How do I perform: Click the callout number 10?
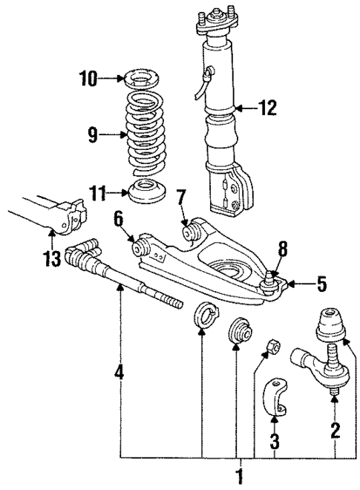pyautogui.click(x=88, y=77)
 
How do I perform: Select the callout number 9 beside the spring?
pyautogui.click(x=93, y=135)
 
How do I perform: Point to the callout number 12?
pyautogui.click(x=267, y=109)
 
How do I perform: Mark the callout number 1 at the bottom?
pyautogui.click(x=239, y=475)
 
